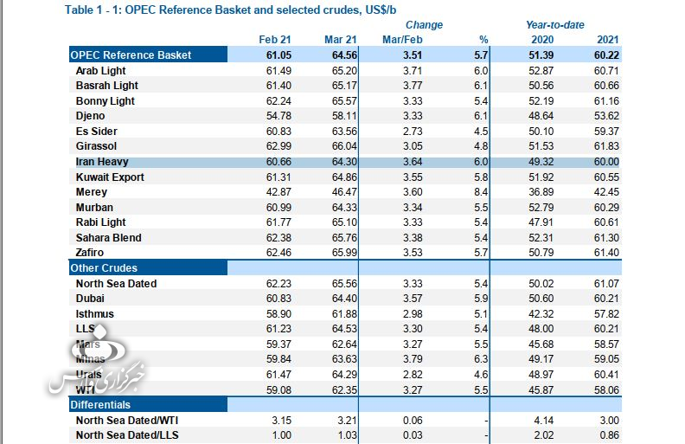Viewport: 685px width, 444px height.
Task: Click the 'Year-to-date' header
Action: pos(556,25)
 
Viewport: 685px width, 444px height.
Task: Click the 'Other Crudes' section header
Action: pos(104,268)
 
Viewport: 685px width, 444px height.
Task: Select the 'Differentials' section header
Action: pos(100,404)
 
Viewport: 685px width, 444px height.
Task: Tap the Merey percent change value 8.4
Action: pos(482,192)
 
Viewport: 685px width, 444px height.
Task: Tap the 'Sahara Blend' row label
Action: pos(109,237)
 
